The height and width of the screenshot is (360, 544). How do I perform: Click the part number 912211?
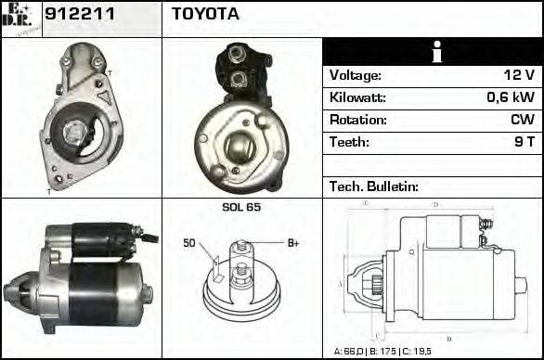pos(74,14)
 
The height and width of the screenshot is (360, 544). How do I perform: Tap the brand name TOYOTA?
pos(205,14)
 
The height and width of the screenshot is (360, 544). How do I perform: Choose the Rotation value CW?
pos(521,121)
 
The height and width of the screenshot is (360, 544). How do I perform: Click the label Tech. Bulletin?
pos(374,186)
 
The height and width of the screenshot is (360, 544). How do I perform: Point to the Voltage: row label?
pos(355,76)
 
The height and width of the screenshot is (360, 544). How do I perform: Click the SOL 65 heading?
pos(240,207)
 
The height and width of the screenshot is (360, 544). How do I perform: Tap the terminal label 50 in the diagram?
pos(188,244)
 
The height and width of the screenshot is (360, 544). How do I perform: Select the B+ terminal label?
pos(292,243)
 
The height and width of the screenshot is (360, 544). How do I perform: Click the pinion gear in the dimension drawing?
pos(366,280)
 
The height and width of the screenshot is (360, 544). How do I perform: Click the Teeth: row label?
pos(349,143)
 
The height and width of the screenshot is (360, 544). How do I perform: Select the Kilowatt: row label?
pos(356,98)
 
